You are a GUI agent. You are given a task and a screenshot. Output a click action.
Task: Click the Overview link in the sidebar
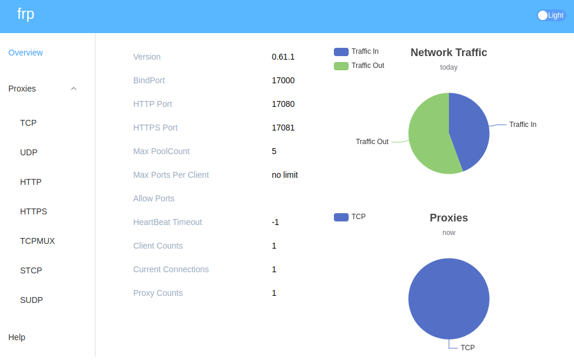[25, 53]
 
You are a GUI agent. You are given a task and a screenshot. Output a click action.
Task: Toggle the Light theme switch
[550, 15]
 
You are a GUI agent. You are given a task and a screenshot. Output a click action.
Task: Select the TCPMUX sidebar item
[37, 241]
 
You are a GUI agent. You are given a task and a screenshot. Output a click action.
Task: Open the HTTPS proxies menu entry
[34, 211]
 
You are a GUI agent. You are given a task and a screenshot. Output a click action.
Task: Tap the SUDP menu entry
[31, 300]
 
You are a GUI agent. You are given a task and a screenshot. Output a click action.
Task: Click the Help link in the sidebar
[17, 337]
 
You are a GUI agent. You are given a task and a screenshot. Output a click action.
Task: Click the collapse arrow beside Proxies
[74, 89]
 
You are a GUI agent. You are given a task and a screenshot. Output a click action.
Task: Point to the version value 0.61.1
[283, 57]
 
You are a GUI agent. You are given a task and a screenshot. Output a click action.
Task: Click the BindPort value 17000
[283, 80]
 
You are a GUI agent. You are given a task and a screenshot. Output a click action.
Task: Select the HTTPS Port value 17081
[283, 128]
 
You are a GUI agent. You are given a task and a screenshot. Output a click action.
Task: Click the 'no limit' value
[285, 175]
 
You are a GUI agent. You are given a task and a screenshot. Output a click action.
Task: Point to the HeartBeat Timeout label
[168, 222]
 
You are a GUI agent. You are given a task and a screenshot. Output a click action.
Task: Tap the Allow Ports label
[154, 198]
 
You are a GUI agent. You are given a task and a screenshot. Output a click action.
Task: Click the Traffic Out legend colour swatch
[341, 66]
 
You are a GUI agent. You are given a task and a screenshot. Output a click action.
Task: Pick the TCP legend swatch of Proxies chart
[341, 217]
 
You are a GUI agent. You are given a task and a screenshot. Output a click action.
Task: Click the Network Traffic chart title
[448, 53]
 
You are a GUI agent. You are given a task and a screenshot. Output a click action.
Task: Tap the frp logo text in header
[26, 14]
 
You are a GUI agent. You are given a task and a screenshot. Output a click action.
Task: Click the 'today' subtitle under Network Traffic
[448, 67]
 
